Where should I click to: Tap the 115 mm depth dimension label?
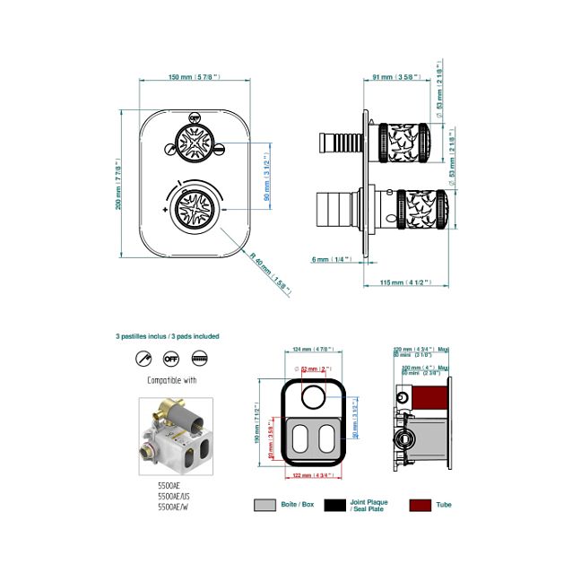tap(400, 282)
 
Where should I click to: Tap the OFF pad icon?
tap(171, 359)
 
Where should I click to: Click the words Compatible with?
tap(170, 380)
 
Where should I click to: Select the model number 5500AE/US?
tap(176, 495)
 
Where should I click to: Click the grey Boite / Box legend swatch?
tap(264, 505)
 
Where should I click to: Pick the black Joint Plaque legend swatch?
tap(335, 505)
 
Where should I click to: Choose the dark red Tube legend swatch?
tap(420, 505)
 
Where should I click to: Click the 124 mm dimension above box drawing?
tap(314, 350)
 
